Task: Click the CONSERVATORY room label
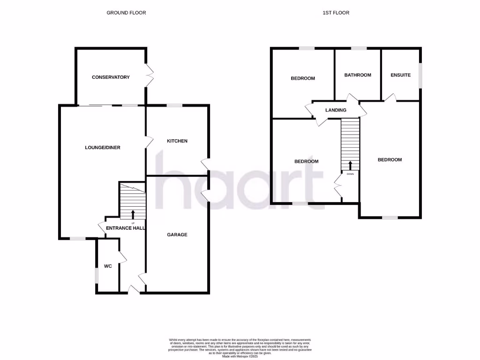click(111, 77)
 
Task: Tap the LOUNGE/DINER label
click(103, 148)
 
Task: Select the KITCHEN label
click(177, 141)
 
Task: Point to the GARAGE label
click(177, 235)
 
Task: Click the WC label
click(108, 266)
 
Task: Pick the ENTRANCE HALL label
click(125, 228)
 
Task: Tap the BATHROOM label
click(358, 75)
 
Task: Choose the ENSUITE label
click(401, 75)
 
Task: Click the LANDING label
click(336, 110)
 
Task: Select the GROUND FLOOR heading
click(126, 13)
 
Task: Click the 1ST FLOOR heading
click(336, 13)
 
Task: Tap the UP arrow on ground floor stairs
click(133, 215)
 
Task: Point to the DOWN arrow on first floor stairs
click(350, 165)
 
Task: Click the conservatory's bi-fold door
click(150, 75)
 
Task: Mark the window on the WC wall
click(97, 275)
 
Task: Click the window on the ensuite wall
click(420, 75)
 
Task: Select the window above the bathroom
click(359, 48)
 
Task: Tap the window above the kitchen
click(174, 105)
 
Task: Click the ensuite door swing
click(390, 97)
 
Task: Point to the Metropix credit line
click(240, 357)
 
